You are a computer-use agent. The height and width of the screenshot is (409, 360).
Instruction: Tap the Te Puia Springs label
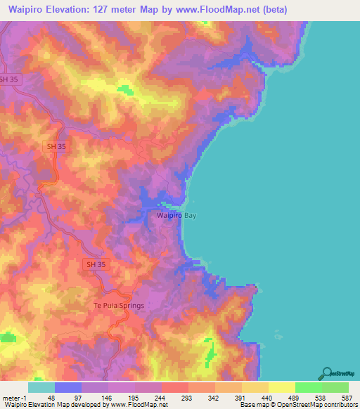(x=119, y=305)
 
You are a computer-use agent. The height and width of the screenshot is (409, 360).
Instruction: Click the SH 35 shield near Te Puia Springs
(x=97, y=264)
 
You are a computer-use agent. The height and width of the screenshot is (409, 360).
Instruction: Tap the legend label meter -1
(x=13, y=397)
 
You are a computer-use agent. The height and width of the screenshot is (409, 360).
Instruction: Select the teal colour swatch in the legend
(x=41, y=387)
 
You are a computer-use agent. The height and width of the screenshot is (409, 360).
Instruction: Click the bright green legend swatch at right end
(x=335, y=387)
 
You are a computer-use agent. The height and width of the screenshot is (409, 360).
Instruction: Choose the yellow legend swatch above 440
(x=281, y=387)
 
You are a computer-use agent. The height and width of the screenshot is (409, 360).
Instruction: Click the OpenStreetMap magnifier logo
(x=328, y=373)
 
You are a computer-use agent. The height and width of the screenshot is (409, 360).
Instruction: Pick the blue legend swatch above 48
(x=68, y=387)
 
